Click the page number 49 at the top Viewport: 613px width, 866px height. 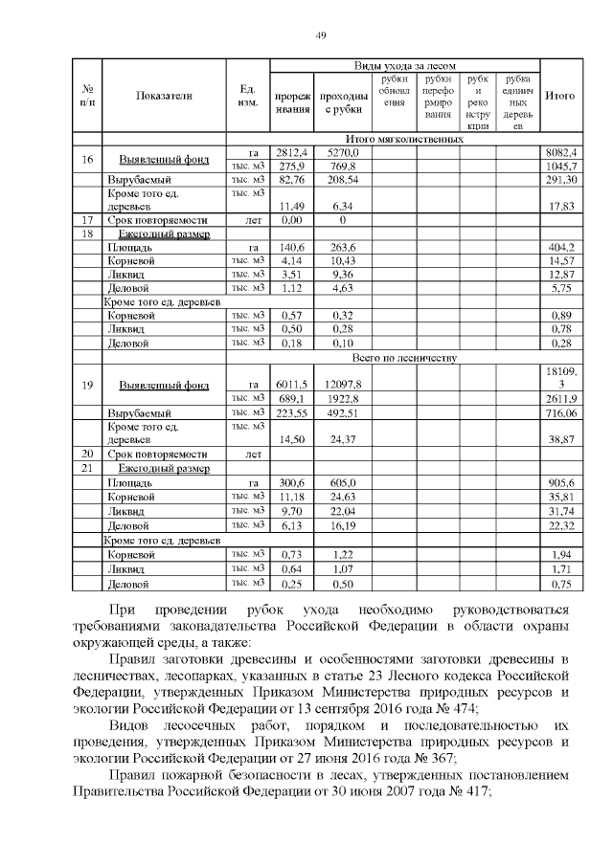pyautogui.click(x=322, y=35)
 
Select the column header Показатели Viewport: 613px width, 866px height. pyautogui.click(x=164, y=96)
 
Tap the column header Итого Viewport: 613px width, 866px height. pyautogui.click(x=558, y=96)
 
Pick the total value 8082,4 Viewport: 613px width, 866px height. pyautogui.click(x=558, y=152)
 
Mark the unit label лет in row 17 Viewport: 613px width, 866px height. pyautogui.click(x=255, y=220)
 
